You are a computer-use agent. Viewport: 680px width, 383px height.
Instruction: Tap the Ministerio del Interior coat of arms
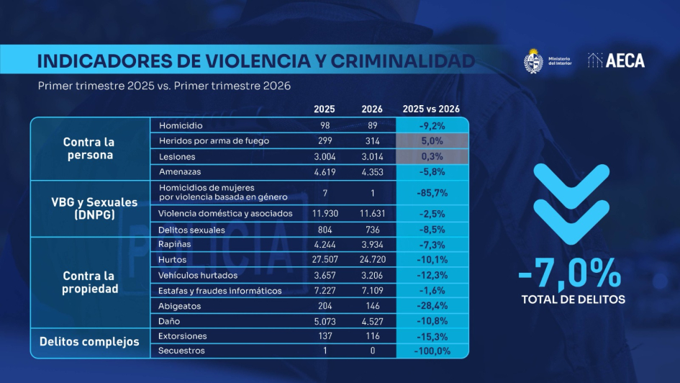pos(533,60)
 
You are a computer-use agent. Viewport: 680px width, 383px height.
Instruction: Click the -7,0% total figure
pos(569,274)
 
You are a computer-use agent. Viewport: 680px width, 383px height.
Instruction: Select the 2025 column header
pos(324,109)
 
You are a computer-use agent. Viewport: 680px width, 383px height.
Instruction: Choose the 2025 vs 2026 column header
pos(431,109)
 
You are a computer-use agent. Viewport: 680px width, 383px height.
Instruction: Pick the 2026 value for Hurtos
pos(372,259)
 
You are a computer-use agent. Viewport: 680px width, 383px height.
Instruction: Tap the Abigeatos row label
pos(179,305)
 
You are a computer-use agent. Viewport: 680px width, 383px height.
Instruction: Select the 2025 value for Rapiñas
pos(324,244)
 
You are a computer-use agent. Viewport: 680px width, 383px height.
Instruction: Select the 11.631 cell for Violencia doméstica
pos(372,214)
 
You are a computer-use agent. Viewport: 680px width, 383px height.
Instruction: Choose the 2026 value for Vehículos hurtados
pos(372,275)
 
